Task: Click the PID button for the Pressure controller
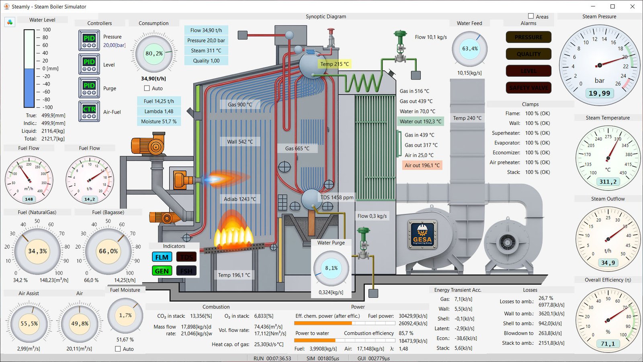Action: [89, 40]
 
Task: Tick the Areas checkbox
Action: [531, 16]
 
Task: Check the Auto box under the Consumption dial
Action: [147, 88]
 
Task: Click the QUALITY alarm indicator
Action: [528, 54]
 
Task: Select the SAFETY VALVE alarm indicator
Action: [528, 88]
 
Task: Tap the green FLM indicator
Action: [162, 257]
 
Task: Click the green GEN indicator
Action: [162, 271]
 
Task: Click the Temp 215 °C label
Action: [334, 64]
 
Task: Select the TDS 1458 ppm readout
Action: [337, 197]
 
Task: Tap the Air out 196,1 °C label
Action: [422, 165]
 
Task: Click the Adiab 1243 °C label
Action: [240, 199]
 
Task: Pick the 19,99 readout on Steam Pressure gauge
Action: [599, 93]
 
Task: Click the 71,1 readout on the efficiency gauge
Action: [608, 344]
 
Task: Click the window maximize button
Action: [612, 6]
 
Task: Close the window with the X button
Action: [632, 6]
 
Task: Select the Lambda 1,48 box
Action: [159, 111]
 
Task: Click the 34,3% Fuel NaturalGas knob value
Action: [37, 251]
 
